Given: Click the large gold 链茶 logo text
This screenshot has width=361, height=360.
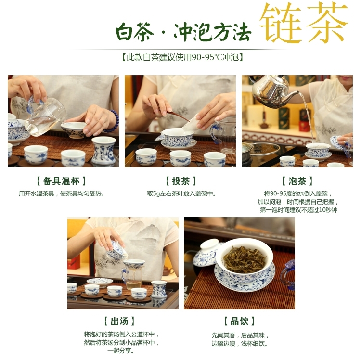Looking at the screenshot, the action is coord(304,23).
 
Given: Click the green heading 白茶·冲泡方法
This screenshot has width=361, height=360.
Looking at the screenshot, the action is coord(183,32).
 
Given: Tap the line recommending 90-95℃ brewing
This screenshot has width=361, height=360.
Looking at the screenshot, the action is coord(182,57).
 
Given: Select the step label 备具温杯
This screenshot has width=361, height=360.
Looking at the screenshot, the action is coord(61,181).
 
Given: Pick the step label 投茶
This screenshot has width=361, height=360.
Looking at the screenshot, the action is coord(181,181).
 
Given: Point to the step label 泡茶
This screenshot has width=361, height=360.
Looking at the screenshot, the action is coord(297,181).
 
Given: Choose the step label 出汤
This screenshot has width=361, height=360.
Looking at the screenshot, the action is coord(119,321).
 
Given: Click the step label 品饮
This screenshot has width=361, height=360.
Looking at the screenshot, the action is coord(239,321).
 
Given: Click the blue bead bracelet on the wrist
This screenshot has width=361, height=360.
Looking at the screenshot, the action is coord(113,121).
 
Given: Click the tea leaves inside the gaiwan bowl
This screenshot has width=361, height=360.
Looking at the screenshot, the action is coord(244,260).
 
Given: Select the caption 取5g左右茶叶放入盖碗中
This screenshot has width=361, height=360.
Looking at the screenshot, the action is coord(181,194).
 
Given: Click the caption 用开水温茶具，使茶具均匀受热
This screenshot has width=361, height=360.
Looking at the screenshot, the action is coord(61,194).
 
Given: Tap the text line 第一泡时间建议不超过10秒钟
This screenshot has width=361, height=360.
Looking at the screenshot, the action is coord(298,210).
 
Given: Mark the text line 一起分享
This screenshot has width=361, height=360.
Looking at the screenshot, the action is coord(121,350).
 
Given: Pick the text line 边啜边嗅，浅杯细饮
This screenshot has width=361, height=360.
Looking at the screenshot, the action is coord(240,344).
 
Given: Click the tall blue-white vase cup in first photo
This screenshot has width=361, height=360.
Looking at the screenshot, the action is coord(103,150).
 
